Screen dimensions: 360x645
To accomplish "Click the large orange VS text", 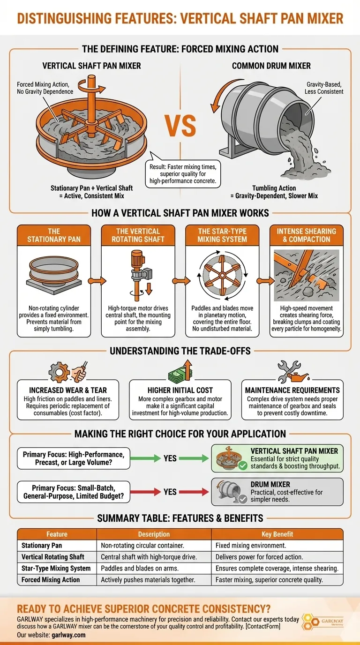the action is point(180,126).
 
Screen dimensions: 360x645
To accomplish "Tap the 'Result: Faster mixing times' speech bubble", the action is point(183,173).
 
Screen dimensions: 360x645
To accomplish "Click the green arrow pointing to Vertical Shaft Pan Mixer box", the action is point(194,458).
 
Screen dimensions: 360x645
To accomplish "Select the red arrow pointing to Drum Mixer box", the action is point(194,492).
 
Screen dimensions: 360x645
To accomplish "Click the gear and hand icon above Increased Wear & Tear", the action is point(68,371).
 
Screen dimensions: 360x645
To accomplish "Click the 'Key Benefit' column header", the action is point(277,534).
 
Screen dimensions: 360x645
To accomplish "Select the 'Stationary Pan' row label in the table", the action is point(42,545).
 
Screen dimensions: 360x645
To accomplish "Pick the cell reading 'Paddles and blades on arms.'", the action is point(140,568).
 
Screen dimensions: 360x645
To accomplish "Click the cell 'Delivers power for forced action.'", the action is point(259,557).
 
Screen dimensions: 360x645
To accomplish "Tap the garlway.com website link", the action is point(68,635).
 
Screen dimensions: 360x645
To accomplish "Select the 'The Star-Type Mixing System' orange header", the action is point(222,235).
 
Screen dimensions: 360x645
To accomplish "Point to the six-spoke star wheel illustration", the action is point(222,275).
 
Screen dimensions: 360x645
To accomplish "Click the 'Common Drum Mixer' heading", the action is point(271,66).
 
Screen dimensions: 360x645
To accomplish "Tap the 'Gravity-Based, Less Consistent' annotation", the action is point(324,88).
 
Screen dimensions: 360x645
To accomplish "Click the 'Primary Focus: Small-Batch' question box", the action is point(74,492).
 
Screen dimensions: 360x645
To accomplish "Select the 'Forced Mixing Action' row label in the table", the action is point(51,580).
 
